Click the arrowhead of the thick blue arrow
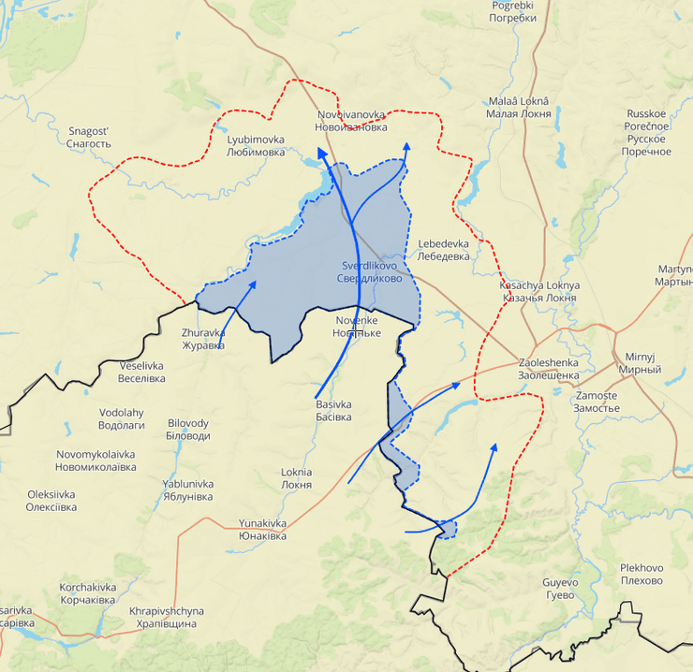click(321, 153)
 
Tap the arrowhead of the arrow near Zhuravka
click(253, 284)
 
